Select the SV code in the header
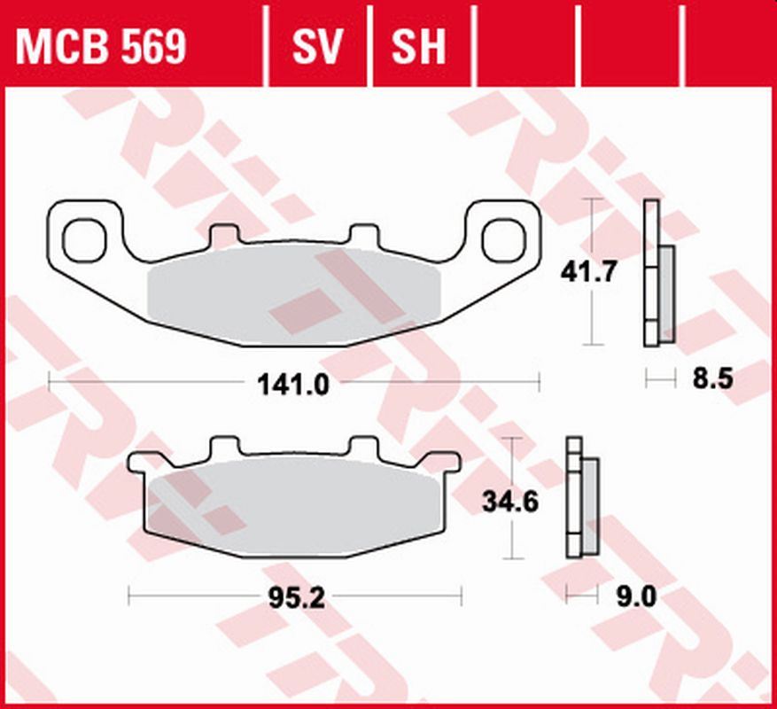tap(317, 46)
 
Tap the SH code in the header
tap(419, 46)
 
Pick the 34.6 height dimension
tap(510, 502)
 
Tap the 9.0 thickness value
tap(635, 598)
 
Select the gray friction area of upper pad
tap(292, 292)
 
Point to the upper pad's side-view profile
tap(657, 273)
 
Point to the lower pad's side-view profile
tap(581, 497)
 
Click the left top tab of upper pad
tap(225, 236)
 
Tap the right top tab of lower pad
tap(362, 446)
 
